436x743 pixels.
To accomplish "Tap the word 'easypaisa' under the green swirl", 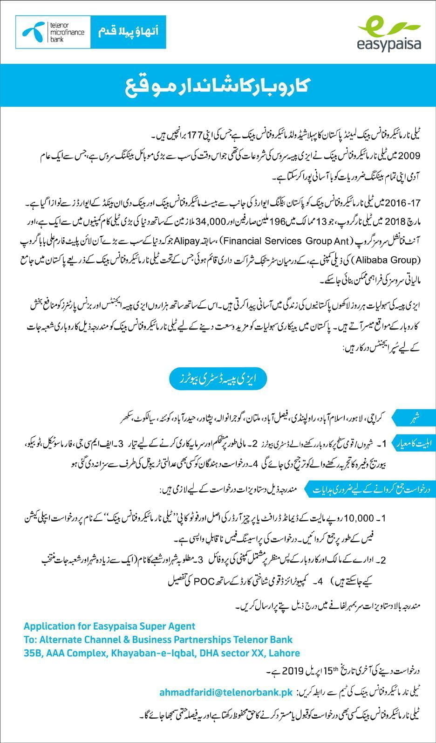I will pos(388,44).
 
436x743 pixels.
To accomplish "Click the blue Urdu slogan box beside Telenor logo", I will pos(128,32).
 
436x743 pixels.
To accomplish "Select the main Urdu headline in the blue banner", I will pos(218,87).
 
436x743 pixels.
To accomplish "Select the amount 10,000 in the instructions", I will pos(359,518).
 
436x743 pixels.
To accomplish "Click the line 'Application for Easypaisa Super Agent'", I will pos(109,626).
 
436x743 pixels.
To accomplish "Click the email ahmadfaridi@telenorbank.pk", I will pos(226,693).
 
